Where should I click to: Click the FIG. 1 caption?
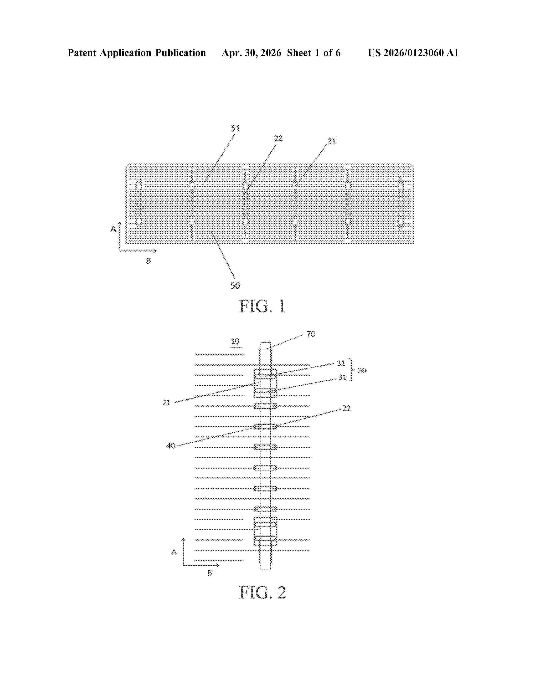click(262, 306)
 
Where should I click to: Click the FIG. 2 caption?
click(263, 592)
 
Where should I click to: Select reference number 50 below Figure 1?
click(235, 286)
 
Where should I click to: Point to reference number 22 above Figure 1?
click(278, 138)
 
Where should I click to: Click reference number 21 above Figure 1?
click(331, 141)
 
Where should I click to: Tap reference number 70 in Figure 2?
click(311, 334)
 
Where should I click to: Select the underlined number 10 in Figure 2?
click(235, 341)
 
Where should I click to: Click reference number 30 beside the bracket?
click(362, 370)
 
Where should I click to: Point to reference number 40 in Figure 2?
click(171, 446)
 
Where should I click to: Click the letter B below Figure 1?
click(148, 261)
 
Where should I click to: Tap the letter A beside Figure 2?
click(174, 552)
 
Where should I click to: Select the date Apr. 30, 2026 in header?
click(252, 53)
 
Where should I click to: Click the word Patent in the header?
click(82, 53)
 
